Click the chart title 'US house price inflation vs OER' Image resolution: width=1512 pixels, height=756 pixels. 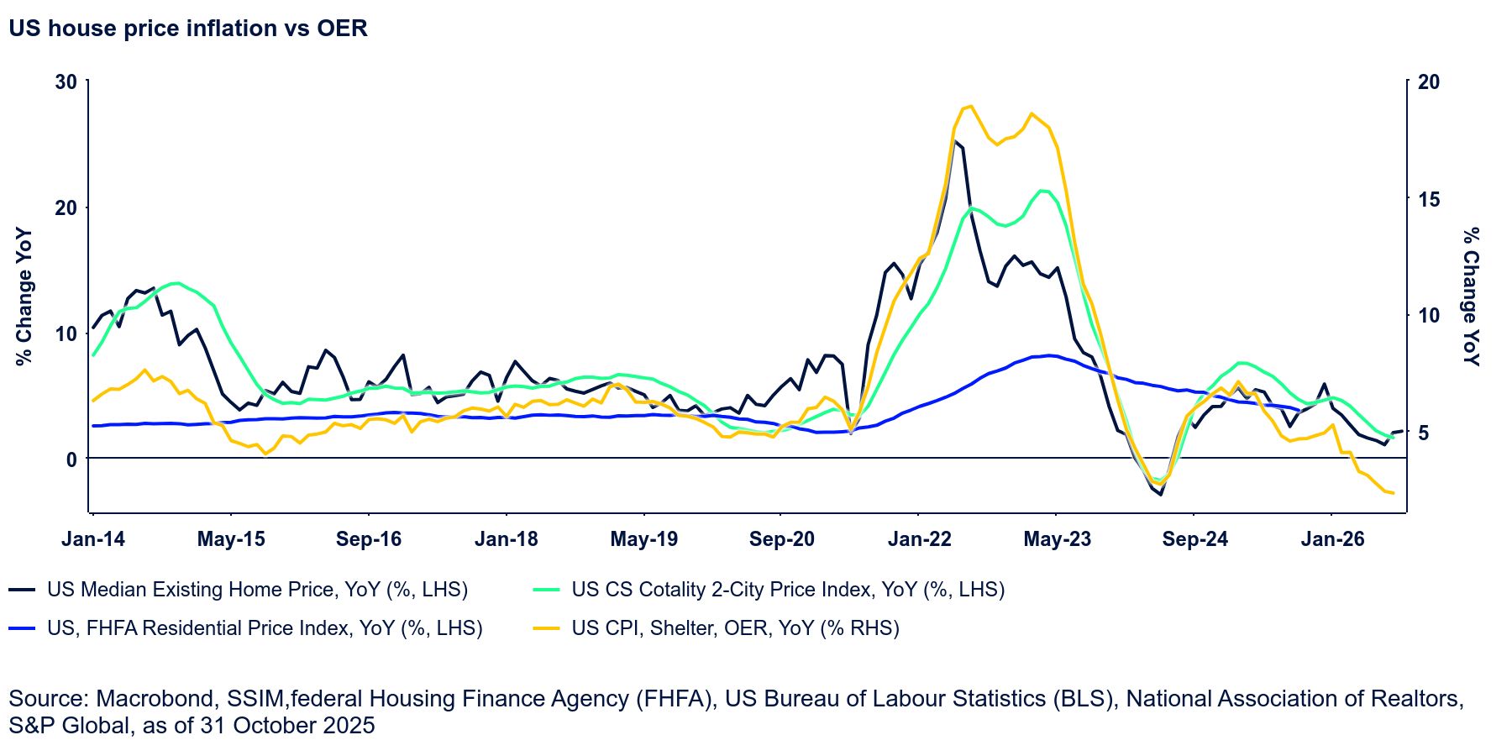pyautogui.click(x=188, y=29)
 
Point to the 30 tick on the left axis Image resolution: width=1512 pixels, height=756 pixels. pyautogui.click(x=66, y=82)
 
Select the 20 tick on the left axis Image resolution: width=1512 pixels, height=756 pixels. pyautogui.click(x=66, y=207)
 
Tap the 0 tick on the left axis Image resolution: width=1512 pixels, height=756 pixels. pyautogui.click(x=71, y=459)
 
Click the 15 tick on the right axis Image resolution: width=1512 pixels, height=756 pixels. pyautogui.click(x=1428, y=199)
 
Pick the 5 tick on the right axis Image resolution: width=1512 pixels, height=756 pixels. pyautogui.click(x=1423, y=433)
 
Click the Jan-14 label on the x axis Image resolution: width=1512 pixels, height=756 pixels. pyautogui.click(x=93, y=539)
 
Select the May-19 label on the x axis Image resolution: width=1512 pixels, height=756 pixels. pyautogui.click(x=643, y=539)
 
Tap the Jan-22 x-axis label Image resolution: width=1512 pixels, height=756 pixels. pyautogui.click(x=919, y=539)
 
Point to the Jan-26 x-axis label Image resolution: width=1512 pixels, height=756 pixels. pyautogui.click(x=1332, y=539)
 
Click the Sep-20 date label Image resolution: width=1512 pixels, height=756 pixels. pyautogui.click(x=781, y=539)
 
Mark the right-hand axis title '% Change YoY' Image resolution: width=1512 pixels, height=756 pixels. pyautogui.click(x=1471, y=297)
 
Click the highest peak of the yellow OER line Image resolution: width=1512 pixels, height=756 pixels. pyautogui.click(x=970, y=106)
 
